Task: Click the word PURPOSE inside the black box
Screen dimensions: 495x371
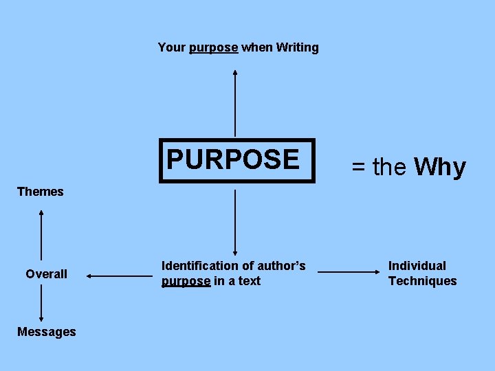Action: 233,159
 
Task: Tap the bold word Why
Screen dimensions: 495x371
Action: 440,167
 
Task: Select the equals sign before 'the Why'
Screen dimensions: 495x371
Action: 359,167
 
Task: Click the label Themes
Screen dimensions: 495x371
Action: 40,192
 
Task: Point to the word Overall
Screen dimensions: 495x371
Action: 46,274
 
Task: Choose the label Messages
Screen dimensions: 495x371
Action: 46,332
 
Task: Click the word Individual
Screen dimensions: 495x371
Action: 417,266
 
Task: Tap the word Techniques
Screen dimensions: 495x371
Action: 422,281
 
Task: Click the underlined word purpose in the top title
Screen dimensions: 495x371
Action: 213,47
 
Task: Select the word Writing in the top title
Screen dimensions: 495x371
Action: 297,47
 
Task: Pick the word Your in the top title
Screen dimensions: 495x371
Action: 171,47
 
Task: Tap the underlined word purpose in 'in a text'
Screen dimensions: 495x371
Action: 186,281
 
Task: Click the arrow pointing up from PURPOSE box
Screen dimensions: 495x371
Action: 235,103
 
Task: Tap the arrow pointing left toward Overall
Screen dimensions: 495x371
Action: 120,276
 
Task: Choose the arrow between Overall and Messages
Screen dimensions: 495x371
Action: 41,303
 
